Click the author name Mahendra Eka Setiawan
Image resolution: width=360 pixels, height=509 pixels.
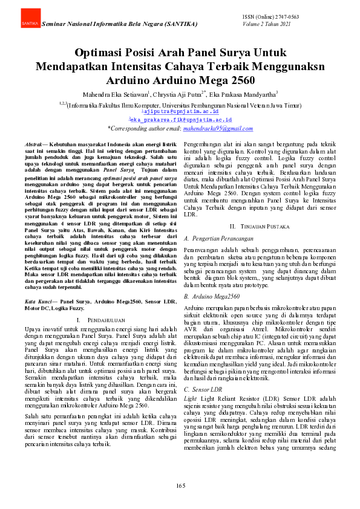pyautogui.click(x=114, y=94)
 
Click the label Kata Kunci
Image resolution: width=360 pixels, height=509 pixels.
pyautogui.click(x=39, y=300)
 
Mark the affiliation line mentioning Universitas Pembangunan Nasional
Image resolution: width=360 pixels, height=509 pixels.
pyautogui.click(x=180, y=104)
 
